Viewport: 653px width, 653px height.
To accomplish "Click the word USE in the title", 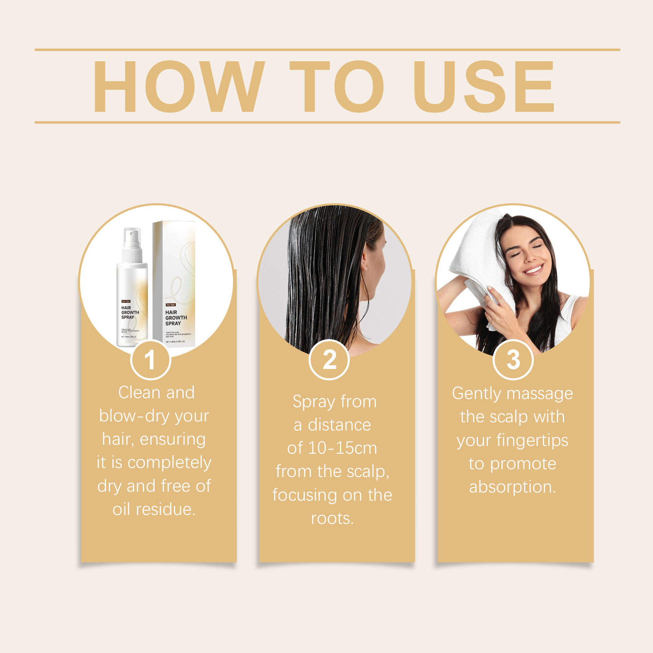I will pos(484,87).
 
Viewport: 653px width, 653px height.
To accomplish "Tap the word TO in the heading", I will pos(337,87).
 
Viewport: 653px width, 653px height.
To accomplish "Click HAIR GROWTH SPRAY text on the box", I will pos(176,318).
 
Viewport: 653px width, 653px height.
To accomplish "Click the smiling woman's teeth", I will pos(534,270).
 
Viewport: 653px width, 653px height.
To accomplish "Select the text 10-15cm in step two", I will pos(342,448).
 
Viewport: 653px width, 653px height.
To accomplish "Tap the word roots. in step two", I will pos(332,518).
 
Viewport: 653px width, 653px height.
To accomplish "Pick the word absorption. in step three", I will pos(512,487).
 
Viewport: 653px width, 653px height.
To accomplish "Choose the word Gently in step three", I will pos(476,394).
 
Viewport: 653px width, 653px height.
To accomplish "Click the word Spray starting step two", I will pos(313,402).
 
